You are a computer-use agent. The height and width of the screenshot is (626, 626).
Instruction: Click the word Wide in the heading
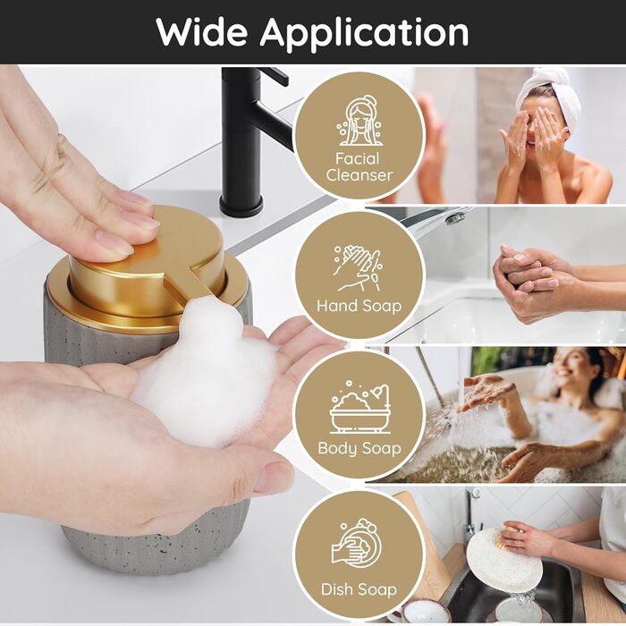click(x=202, y=32)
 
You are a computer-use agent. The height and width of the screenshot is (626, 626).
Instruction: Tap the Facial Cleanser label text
click(x=359, y=167)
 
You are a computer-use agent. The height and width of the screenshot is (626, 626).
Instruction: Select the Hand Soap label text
click(x=359, y=306)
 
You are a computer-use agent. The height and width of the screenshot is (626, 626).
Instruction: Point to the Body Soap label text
click(x=360, y=448)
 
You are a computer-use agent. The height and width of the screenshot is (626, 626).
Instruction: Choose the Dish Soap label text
click(x=359, y=589)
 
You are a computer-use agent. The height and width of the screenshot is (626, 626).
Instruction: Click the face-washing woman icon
click(x=360, y=121)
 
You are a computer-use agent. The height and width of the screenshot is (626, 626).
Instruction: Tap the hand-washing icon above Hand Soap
click(x=358, y=268)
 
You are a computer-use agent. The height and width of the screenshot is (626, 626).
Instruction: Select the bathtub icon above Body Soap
click(x=360, y=407)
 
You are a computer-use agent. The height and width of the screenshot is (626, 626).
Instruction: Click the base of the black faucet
click(x=241, y=205)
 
